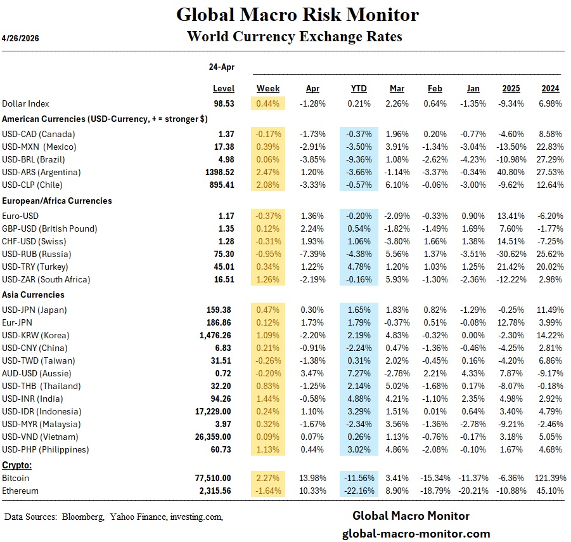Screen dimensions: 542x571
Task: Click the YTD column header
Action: coord(359,88)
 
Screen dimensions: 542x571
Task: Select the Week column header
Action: coord(268,88)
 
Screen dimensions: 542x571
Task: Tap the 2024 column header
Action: coord(550,88)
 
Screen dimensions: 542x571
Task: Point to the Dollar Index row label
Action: coord(25,103)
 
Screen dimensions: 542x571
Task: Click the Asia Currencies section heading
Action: coord(34,294)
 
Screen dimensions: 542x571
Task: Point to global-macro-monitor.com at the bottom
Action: coord(416,534)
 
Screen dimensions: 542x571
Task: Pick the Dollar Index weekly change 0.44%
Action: coord(268,103)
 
